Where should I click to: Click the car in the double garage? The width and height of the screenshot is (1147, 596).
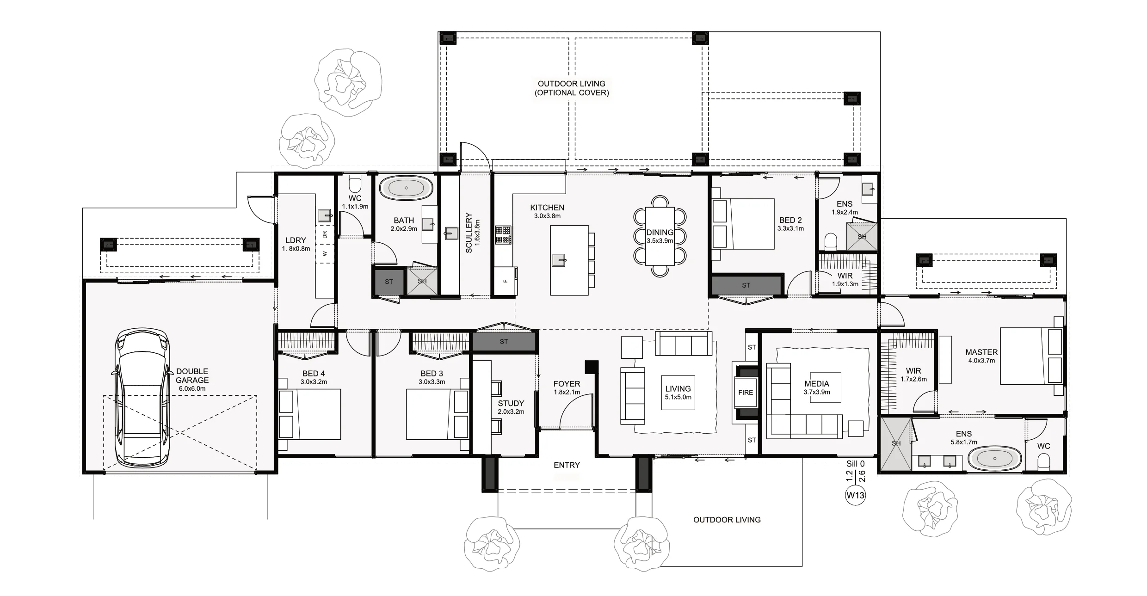[142, 398]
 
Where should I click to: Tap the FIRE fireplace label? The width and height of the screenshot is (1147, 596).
[745, 393]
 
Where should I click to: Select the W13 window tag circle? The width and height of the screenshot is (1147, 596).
[855, 496]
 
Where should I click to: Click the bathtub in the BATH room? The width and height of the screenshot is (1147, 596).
[406, 188]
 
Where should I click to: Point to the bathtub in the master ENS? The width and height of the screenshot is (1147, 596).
[995, 459]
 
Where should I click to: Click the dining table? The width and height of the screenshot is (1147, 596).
[660, 236]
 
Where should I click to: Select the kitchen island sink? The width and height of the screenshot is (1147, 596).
[559, 260]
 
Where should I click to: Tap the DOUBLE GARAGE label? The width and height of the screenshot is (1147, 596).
[192, 375]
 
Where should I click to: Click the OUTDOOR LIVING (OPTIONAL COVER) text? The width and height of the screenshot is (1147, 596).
[572, 88]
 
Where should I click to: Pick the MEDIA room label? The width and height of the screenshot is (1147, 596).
[816, 384]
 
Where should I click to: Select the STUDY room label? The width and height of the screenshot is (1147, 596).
[511, 403]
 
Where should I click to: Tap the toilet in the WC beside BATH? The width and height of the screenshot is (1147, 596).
[355, 184]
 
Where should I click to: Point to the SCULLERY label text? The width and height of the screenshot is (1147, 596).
[469, 233]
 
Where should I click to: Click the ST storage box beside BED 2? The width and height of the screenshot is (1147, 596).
[746, 285]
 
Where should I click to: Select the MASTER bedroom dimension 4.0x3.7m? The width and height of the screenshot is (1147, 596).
[981, 361]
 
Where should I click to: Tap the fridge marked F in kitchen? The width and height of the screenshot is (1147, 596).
[505, 281]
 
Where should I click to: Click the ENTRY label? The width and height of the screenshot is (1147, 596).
[567, 465]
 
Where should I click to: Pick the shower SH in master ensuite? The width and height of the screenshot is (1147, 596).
[896, 443]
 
